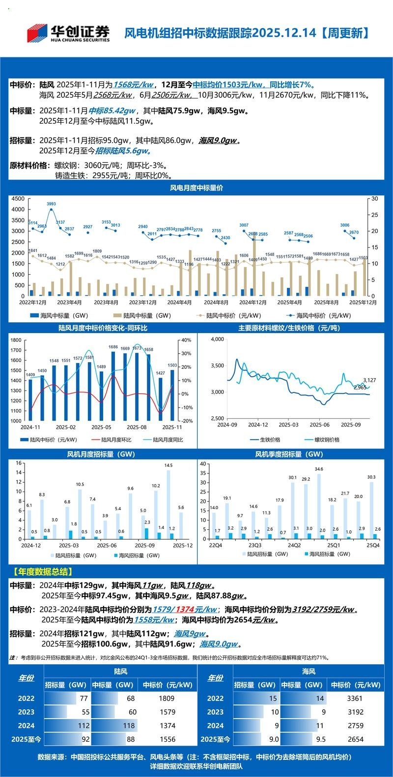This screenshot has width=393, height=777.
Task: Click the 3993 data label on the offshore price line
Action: pos(51,204)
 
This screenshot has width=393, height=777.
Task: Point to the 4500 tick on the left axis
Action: pos(17,199)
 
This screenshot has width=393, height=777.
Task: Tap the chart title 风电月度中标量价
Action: pos(196,188)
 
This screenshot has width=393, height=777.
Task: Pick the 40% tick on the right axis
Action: pos(186,340)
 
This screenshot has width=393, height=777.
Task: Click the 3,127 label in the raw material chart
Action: pos(369,380)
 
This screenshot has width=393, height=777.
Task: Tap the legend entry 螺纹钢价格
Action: pos(323,440)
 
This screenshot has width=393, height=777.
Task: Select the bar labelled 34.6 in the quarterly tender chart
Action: pos(319,506)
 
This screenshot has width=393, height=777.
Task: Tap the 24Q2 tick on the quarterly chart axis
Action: pos(294,545)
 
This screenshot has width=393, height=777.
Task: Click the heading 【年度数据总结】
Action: pos(42,571)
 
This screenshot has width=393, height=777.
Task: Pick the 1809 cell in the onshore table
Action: pos(167,699)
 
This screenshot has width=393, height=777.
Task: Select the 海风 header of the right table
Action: pos(309,671)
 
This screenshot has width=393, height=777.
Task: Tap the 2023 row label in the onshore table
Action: pos(27,712)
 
